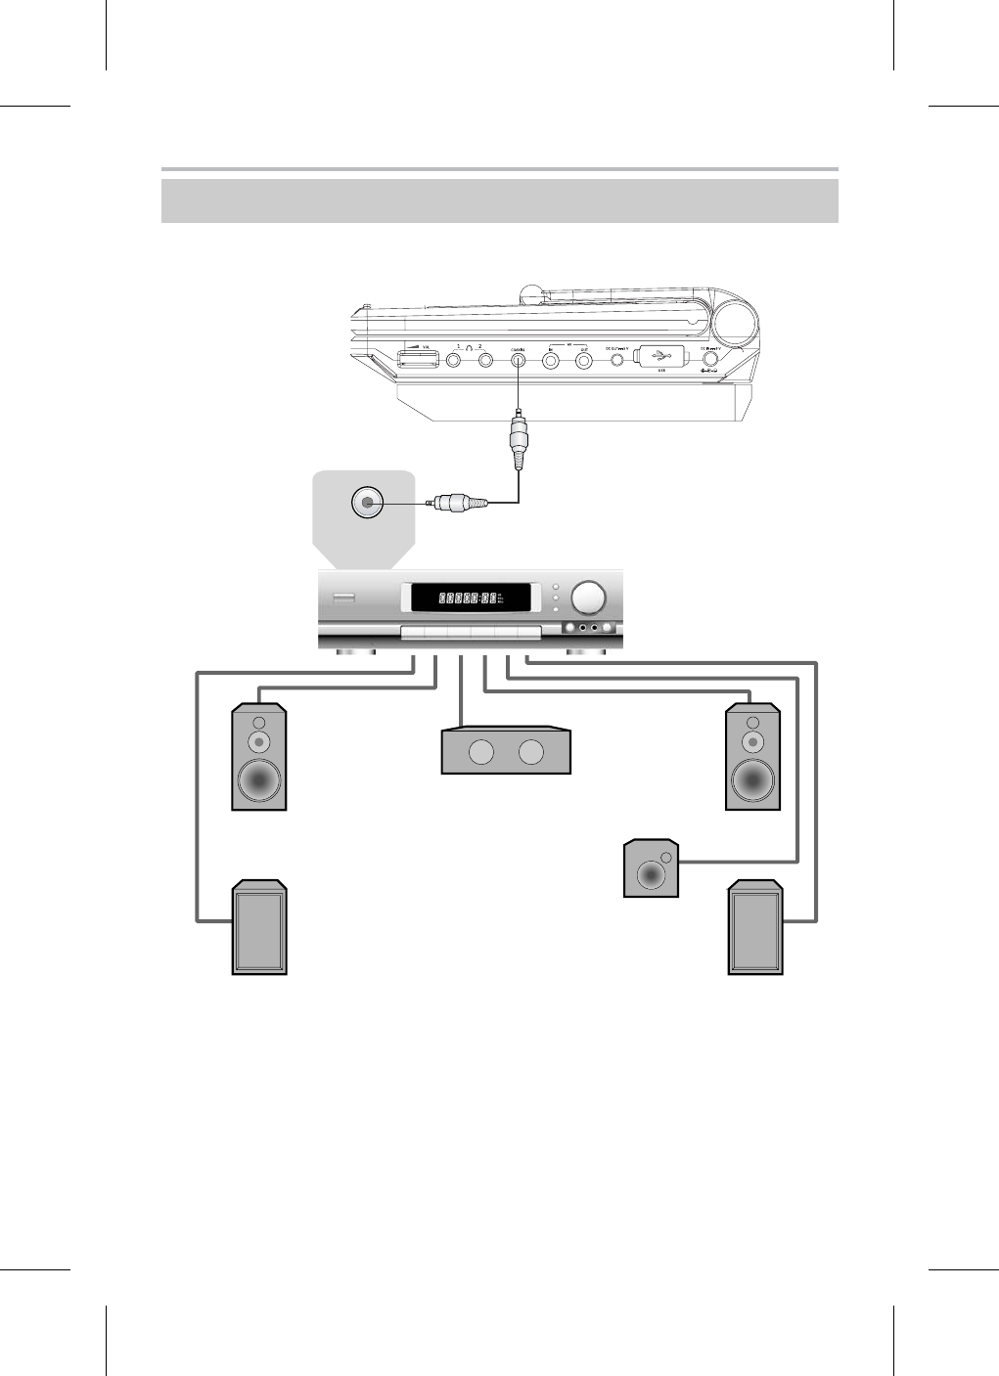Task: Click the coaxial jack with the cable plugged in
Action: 518,360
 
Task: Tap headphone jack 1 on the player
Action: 454,360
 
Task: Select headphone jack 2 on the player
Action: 485,360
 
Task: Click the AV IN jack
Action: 551,360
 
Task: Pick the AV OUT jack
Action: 584,360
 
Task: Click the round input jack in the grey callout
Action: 366,503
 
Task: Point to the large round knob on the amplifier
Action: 588,597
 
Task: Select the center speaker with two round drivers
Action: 506,751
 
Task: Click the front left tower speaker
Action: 258,757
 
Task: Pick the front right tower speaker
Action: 752,757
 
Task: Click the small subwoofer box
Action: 651,867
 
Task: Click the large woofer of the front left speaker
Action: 258,781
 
